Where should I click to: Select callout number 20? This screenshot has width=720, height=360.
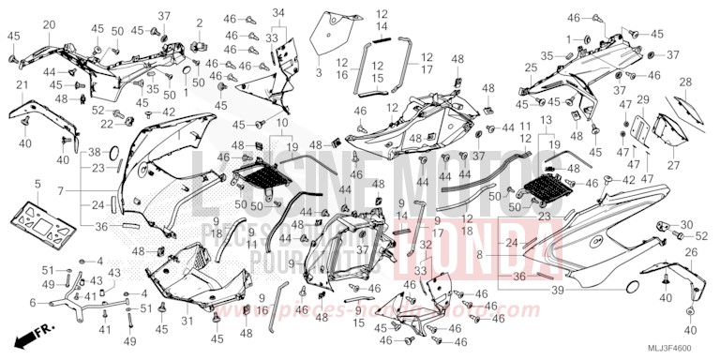pos(49,24)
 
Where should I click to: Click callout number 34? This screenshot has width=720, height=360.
pos(277,12)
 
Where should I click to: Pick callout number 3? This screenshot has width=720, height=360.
pos(318,71)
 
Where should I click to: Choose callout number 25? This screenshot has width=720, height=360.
pos(531,67)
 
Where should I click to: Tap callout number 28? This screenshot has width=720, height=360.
pos(684,82)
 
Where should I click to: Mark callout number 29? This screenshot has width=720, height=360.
pos(643,98)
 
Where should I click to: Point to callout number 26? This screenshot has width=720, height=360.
pos(691,252)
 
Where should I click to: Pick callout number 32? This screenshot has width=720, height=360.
pos(426,245)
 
